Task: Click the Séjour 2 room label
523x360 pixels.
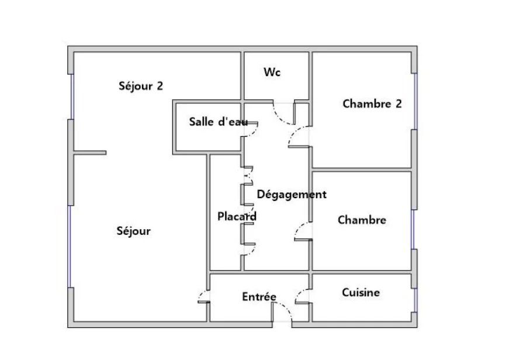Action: pos(141,86)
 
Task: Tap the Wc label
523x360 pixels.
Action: pos(272,72)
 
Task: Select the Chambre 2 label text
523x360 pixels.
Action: pos(372,104)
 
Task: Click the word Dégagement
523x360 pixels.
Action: pos(292,194)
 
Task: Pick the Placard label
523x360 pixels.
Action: pos(237,216)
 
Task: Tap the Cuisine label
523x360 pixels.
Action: pos(361,292)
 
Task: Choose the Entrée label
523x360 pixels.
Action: pos(259,297)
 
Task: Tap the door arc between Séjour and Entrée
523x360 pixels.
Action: pos(202,295)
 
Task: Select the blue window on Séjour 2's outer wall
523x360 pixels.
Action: pos(71,96)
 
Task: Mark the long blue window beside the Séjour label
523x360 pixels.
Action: pos(70,245)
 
